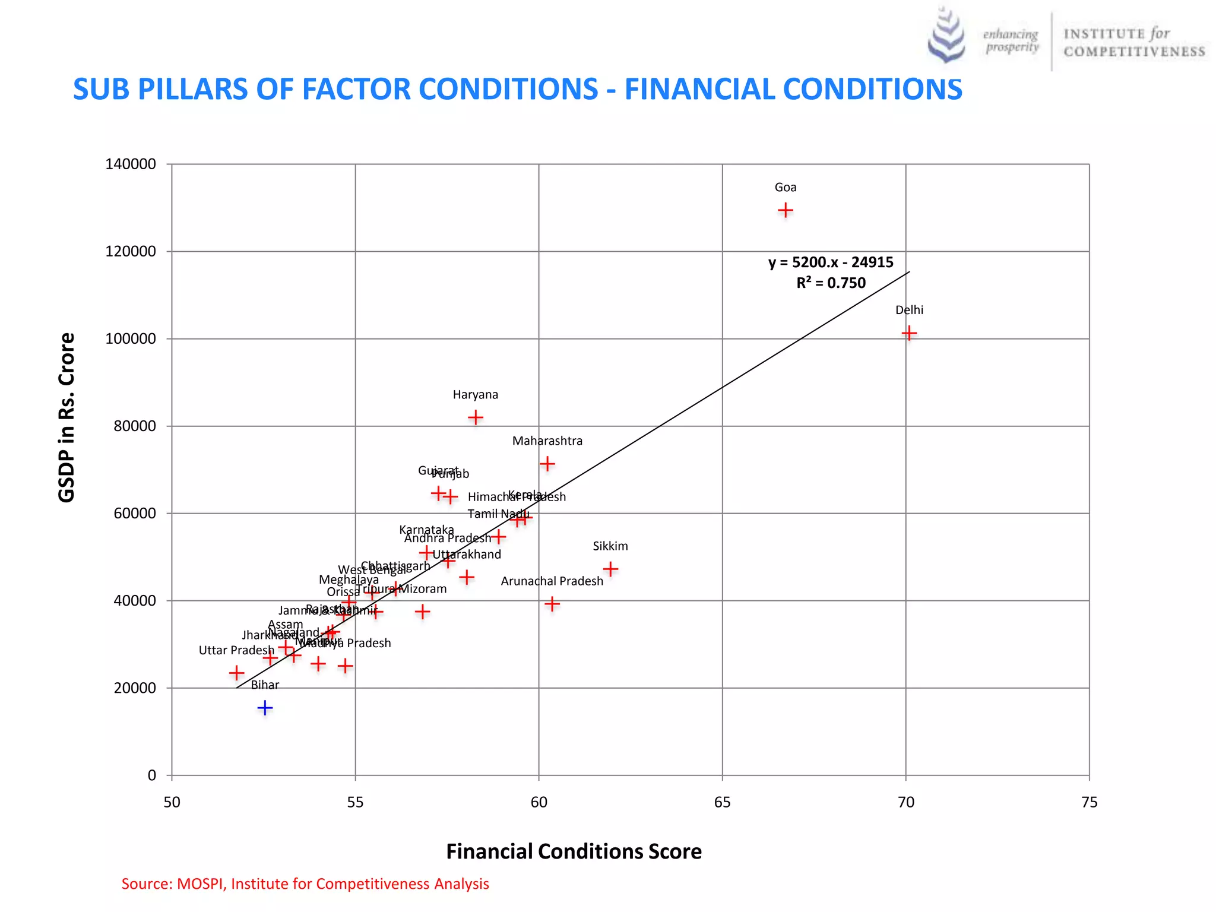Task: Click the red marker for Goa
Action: click(x=785, y=210)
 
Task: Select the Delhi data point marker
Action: click(x=908, y=333)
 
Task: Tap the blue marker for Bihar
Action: click(x=265, y=708)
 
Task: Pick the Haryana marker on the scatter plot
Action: click(x=475, y=417)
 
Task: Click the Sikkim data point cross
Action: click(x=610, y=569)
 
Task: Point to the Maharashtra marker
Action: click(x=547, y=463)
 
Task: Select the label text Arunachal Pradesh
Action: click(x=552, y=581)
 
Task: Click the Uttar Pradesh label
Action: click(x=236, y=650)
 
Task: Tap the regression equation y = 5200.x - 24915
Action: click(x=830, y=262)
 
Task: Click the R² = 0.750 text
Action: click(x=831, y=283)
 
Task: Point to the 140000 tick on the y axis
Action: click(x=131, y=164)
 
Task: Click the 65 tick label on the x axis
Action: click(x=722, y=803)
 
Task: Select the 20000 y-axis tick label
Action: click(x=135, y=688)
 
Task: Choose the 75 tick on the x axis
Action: click(x=1089, y=803)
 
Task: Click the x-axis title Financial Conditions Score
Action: click(x=574, y=851)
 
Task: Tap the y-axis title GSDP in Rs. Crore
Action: click(x=67, y=417)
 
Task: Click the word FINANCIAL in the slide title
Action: click(x=699, y=90)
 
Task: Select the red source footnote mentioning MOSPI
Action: click(x=305, y=884)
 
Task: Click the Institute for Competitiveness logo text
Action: click(x=1133, y=42)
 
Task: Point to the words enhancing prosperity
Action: click(x=1011, y=40)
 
